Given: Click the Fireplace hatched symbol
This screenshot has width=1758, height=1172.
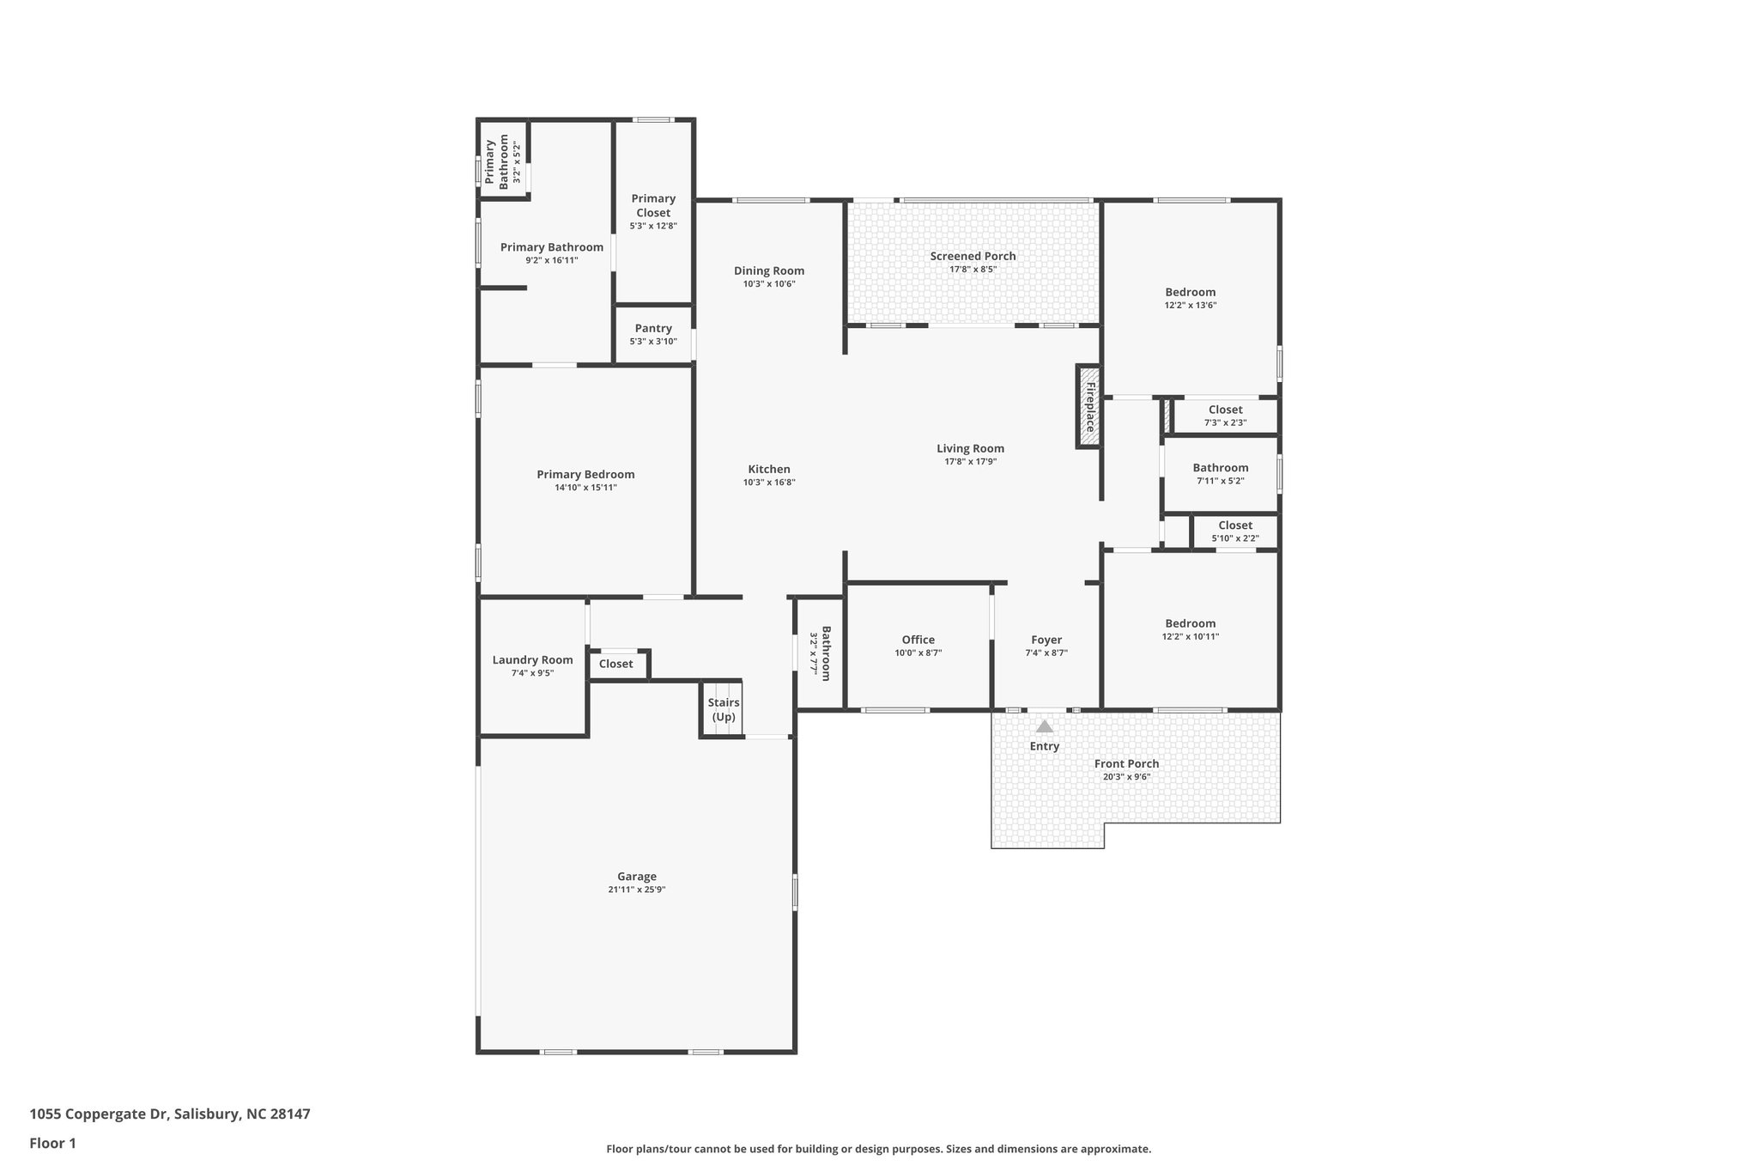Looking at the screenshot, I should [1088, 406].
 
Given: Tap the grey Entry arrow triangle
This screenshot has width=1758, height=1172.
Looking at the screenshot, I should [1044, 726].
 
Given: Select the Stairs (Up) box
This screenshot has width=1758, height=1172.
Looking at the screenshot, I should [723, 709].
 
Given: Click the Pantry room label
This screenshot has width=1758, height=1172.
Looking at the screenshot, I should [653, 329].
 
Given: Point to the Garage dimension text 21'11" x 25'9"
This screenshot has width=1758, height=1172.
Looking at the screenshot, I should [636, 890].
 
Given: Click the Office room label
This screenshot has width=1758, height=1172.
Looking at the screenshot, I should [918, 640].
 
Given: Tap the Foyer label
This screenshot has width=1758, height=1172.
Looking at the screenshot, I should [1046, 640].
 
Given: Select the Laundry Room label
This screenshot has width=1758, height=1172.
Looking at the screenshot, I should [532, 660].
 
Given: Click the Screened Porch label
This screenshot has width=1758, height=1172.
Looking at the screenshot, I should [973, 256].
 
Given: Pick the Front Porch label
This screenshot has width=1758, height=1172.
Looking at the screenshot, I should [1126, 763].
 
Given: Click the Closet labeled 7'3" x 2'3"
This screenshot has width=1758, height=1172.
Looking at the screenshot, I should [1225, 416].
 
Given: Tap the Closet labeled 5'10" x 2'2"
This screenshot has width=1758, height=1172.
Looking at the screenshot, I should [1234, 531].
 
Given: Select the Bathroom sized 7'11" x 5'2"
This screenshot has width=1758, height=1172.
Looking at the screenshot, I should [1220, 474].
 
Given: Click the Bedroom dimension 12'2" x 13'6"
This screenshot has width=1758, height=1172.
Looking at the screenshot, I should [1190, 305].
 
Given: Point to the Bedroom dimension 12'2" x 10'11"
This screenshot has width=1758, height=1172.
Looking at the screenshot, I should [1190, 636].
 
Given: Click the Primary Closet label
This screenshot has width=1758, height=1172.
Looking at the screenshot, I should [653, 206].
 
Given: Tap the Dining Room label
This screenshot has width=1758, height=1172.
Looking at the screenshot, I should [769, 270].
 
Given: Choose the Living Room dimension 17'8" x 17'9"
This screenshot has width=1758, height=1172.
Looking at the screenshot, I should [970, 461].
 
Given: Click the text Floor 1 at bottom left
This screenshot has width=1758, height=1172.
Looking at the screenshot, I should [53, 1143].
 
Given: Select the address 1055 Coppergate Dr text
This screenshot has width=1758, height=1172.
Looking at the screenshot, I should [169, 1114].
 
